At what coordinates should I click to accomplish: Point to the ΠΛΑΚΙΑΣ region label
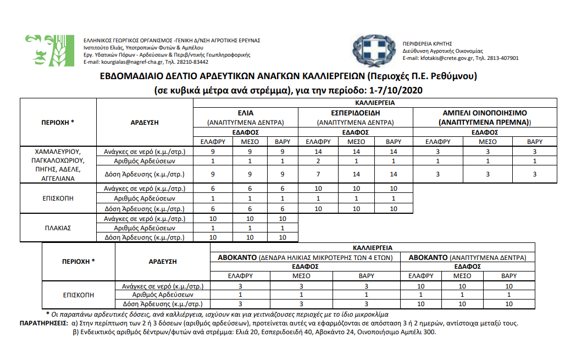pyautogui.click(x=58, y=228)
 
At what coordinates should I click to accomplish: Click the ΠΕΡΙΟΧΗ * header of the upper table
pyautogui.click(x=58, y=122)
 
